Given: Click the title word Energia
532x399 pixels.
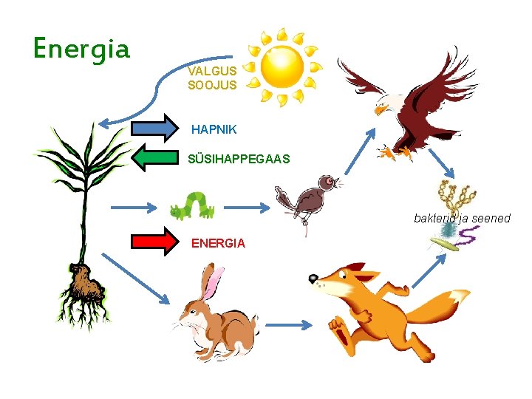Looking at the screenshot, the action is pyautogui.click(x=81, y=49).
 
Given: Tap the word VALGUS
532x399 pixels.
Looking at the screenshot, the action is pyautogui.click(x=212, y=72).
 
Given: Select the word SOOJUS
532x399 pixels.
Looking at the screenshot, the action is pyautogui.click(x=212, y=85).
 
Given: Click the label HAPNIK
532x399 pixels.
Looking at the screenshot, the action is pyautogui.click(x=214, y=129).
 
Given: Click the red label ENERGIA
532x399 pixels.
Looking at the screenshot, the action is pyautogui.click(x=218, y=243).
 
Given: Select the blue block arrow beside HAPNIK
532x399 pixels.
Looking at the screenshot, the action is pyautogui.click(x=157, y=129).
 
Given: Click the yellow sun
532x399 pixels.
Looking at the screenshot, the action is pyautogui.click(x=284, y=66).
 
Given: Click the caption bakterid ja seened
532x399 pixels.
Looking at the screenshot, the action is pyautogui.click(x=462, y=218).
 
